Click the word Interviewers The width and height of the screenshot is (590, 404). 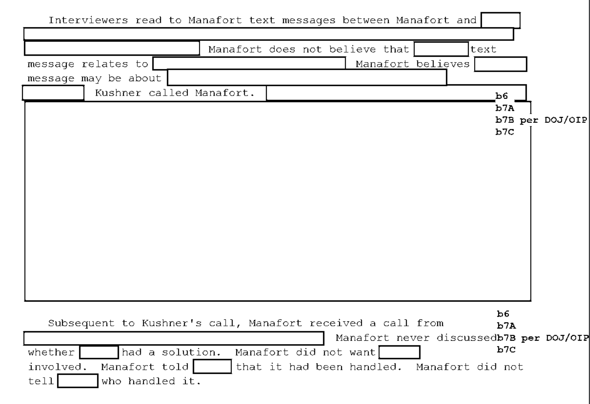pyautogui.click(x=88, y=20)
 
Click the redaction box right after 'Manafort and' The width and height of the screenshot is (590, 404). pyautogui.click(x=500, y=20)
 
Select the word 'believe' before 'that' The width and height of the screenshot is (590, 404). pyautogui.click(x=353, y=49)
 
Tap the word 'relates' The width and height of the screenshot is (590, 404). pyautogui.click(x=104, y=64)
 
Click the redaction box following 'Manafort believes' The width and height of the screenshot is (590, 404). pyautogui.click(x=500, y=64)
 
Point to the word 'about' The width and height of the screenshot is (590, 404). pyautogui.click(x=144, y=78)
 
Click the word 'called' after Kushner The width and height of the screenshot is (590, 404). pyautogui.click(x=168, y=93)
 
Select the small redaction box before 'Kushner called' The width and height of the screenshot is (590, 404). pyautogui.click(x=53, y=93)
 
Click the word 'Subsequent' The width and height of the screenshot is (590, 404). pyautogui.click(x=82, y=323)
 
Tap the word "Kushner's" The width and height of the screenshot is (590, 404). pyautogui.click(x=172, y=323)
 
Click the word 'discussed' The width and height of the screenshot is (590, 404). pyautogui.click(x=466, y=338)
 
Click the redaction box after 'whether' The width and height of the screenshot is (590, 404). pyautogui.click(x=99, y=352)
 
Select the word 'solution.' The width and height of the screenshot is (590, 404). pyautogui.click(x=191, y=352)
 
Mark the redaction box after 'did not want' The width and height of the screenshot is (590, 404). pyautogui.click(x=399, y=352)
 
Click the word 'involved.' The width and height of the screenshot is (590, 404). pyautogui.click(x=58, y=367)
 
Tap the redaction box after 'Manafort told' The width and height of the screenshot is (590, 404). pyautogui.click(x=212, y=367)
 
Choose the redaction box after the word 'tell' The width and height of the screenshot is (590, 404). pyautogui.click(x=78, y=381)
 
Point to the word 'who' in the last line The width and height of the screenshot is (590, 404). pyautogui.click(x=111, y=381)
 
